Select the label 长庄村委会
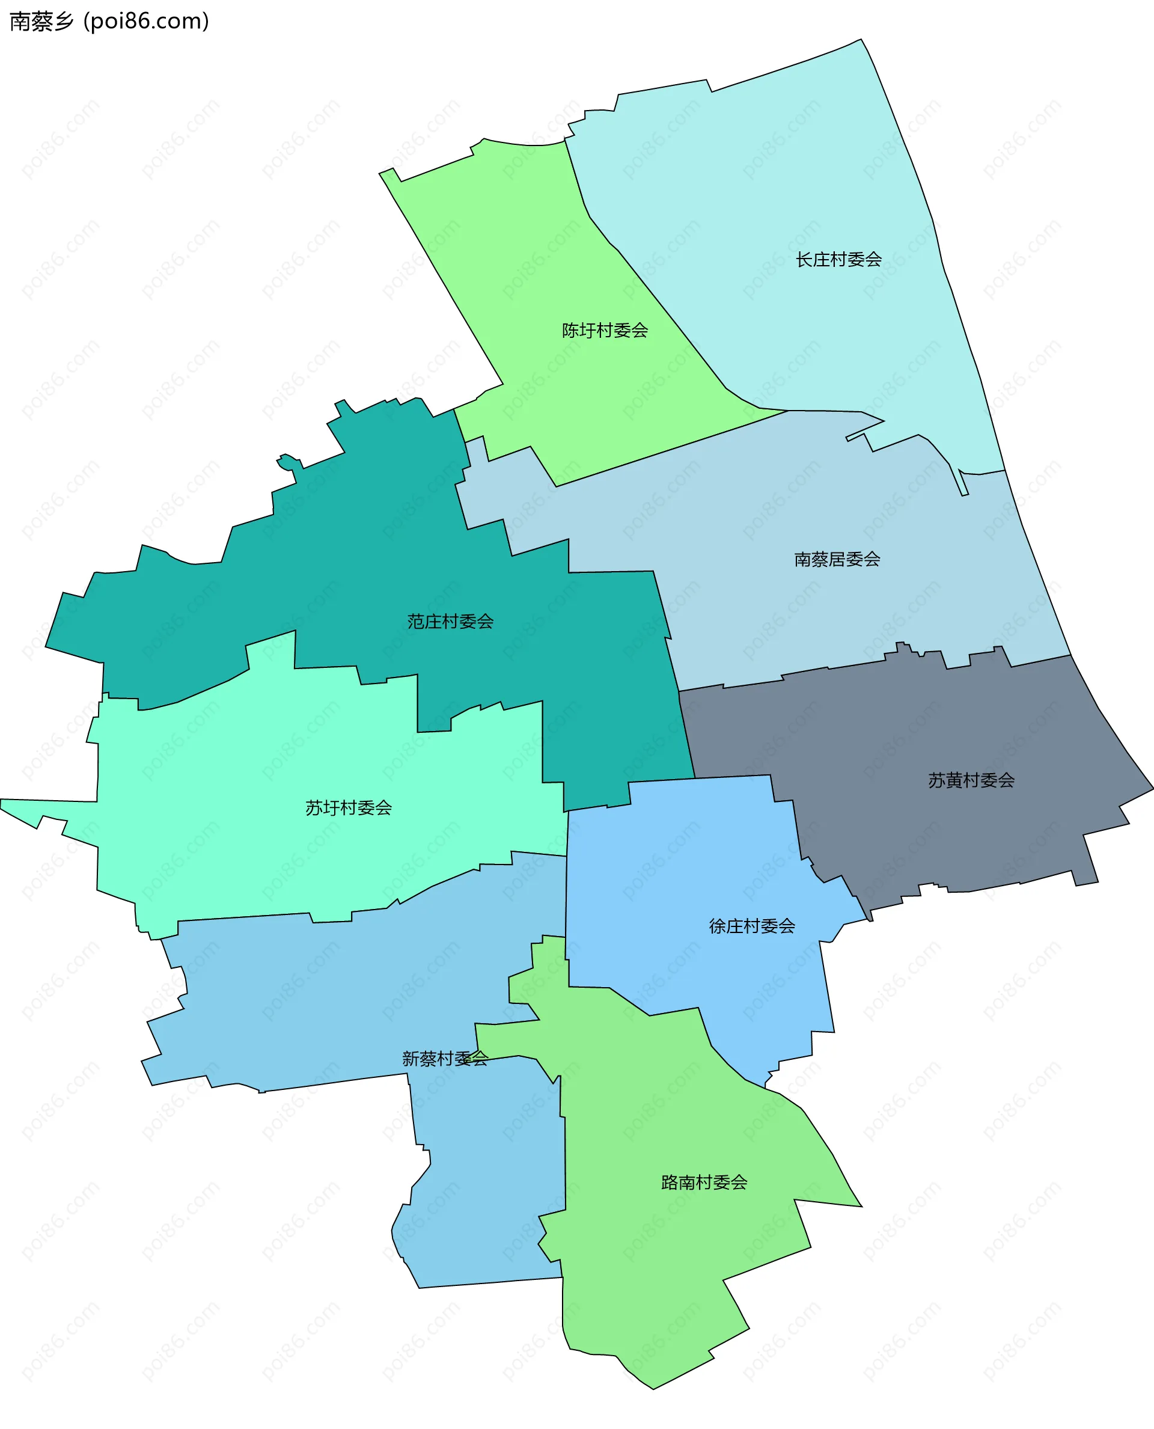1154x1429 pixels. click(x=838, y=259)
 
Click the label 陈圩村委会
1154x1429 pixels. click(x=605, y=331)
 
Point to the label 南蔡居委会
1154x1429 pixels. click(x=837, y=559)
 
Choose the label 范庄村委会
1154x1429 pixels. click(x=450, y=622)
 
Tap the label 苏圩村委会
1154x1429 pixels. click(x=349, y=808)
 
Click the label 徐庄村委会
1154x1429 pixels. click(x=752, y=926)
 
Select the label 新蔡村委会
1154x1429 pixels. click(x=445, y=1059)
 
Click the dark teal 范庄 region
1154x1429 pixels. click(x=372, y=565)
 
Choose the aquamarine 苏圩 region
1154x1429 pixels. click(x=266, y=765)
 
